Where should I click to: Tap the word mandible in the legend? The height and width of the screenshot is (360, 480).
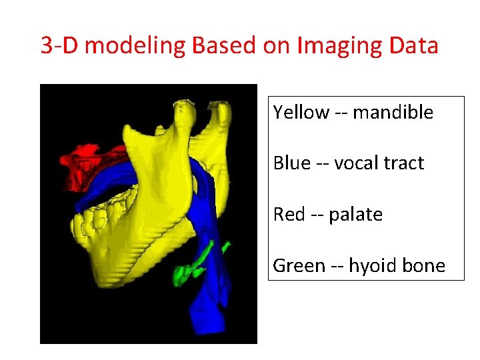point(393,112)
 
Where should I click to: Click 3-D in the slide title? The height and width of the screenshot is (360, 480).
point(60,46)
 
